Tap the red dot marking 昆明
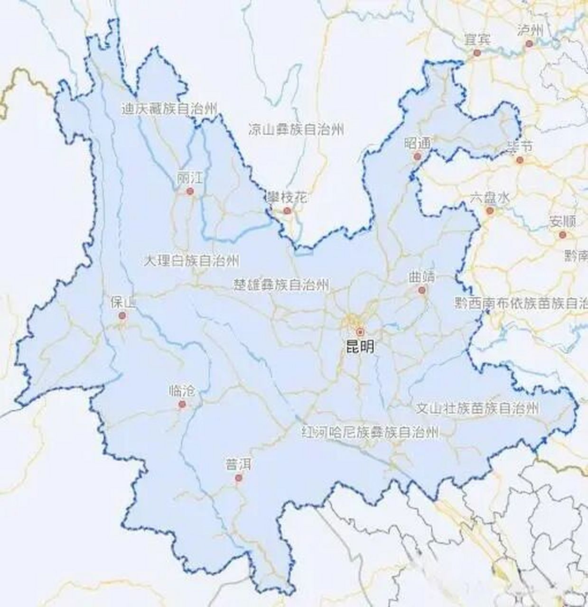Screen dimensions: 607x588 pos(360,331)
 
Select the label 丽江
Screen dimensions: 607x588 pos(190,179)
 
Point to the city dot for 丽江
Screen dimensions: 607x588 pos(190,191)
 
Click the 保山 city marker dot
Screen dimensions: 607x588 pos(122,315)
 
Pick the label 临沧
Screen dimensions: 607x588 pos(182,391)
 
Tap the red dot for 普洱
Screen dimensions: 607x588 pos(239,478)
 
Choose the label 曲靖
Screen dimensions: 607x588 pos(421,277)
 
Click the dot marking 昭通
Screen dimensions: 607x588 pos(418,156)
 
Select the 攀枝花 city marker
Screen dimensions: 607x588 pos(287,210)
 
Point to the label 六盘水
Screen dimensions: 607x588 pos(490,198)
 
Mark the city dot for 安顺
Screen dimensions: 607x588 pos(562,234)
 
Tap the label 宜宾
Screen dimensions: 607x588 pos(477,40)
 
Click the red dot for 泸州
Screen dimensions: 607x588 pos(529,44)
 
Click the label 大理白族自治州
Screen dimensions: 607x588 pos(192,260)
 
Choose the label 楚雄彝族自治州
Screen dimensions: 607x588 pos(281,284)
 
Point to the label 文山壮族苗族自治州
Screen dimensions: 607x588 pos(477,408)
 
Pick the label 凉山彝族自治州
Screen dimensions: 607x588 pos(296,129)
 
